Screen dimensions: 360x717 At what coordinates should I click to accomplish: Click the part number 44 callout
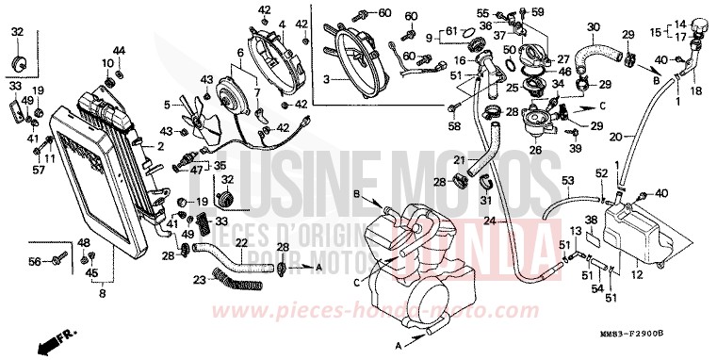(119, 50)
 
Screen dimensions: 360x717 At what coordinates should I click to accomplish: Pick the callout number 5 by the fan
(167, 105)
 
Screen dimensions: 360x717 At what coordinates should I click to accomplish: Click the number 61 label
(449, 32)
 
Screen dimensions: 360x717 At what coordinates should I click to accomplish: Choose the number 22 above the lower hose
(241, 242)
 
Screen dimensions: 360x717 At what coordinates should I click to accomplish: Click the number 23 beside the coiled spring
(198, 279)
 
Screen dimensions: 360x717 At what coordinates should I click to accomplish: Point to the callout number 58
(453, 124)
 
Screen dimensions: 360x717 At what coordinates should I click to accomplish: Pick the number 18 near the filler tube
(696, 91)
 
